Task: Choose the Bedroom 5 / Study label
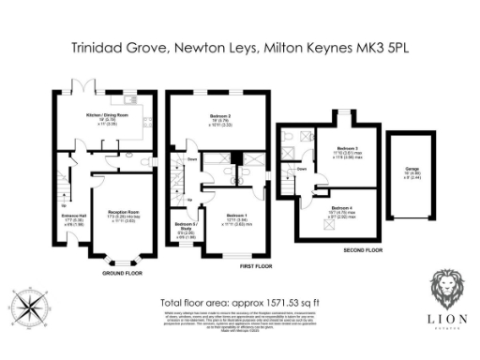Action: click(x=185, y=225)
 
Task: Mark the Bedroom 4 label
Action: click(x=339, y=208)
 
